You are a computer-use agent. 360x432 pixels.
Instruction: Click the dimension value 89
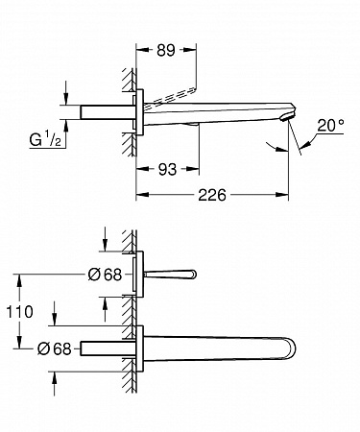[166, 50]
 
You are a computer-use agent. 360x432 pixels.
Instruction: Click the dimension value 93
[167, 169]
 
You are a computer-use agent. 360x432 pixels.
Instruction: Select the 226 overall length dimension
[212, 195]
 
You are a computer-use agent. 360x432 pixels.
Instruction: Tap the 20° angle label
[330, 125]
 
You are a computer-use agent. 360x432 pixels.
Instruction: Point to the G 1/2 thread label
[45, 139]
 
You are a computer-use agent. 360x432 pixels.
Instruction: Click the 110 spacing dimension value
[20, 312]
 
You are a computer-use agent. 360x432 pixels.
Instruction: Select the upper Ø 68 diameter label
[105, 275]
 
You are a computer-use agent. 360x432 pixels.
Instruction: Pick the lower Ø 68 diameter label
[54, 348]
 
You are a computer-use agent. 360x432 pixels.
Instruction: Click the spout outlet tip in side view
[286, 117]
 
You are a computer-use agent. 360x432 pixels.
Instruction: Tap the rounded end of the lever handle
[193, 274]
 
